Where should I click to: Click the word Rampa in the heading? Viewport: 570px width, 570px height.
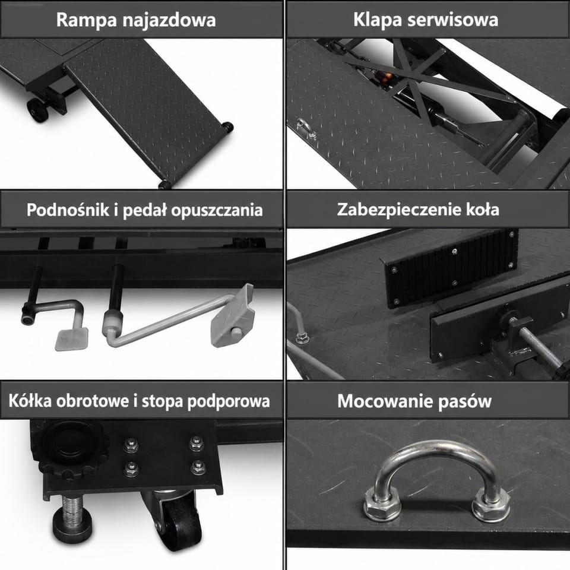click(87, 20)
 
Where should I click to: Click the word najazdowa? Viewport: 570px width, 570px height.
click(169, 20)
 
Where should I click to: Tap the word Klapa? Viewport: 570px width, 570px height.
click(378, 20)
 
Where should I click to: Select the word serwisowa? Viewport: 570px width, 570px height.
click(452, 20)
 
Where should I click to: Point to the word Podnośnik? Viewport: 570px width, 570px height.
click(68, 210)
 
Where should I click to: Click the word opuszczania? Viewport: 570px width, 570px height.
click(217, 211)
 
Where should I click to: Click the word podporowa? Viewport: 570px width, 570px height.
click(229, 402)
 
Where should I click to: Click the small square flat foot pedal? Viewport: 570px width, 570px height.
click(72, 339)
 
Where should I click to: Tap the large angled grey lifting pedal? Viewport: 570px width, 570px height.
click(232, 315)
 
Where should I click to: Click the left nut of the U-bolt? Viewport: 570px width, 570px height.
click(382, 505)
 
